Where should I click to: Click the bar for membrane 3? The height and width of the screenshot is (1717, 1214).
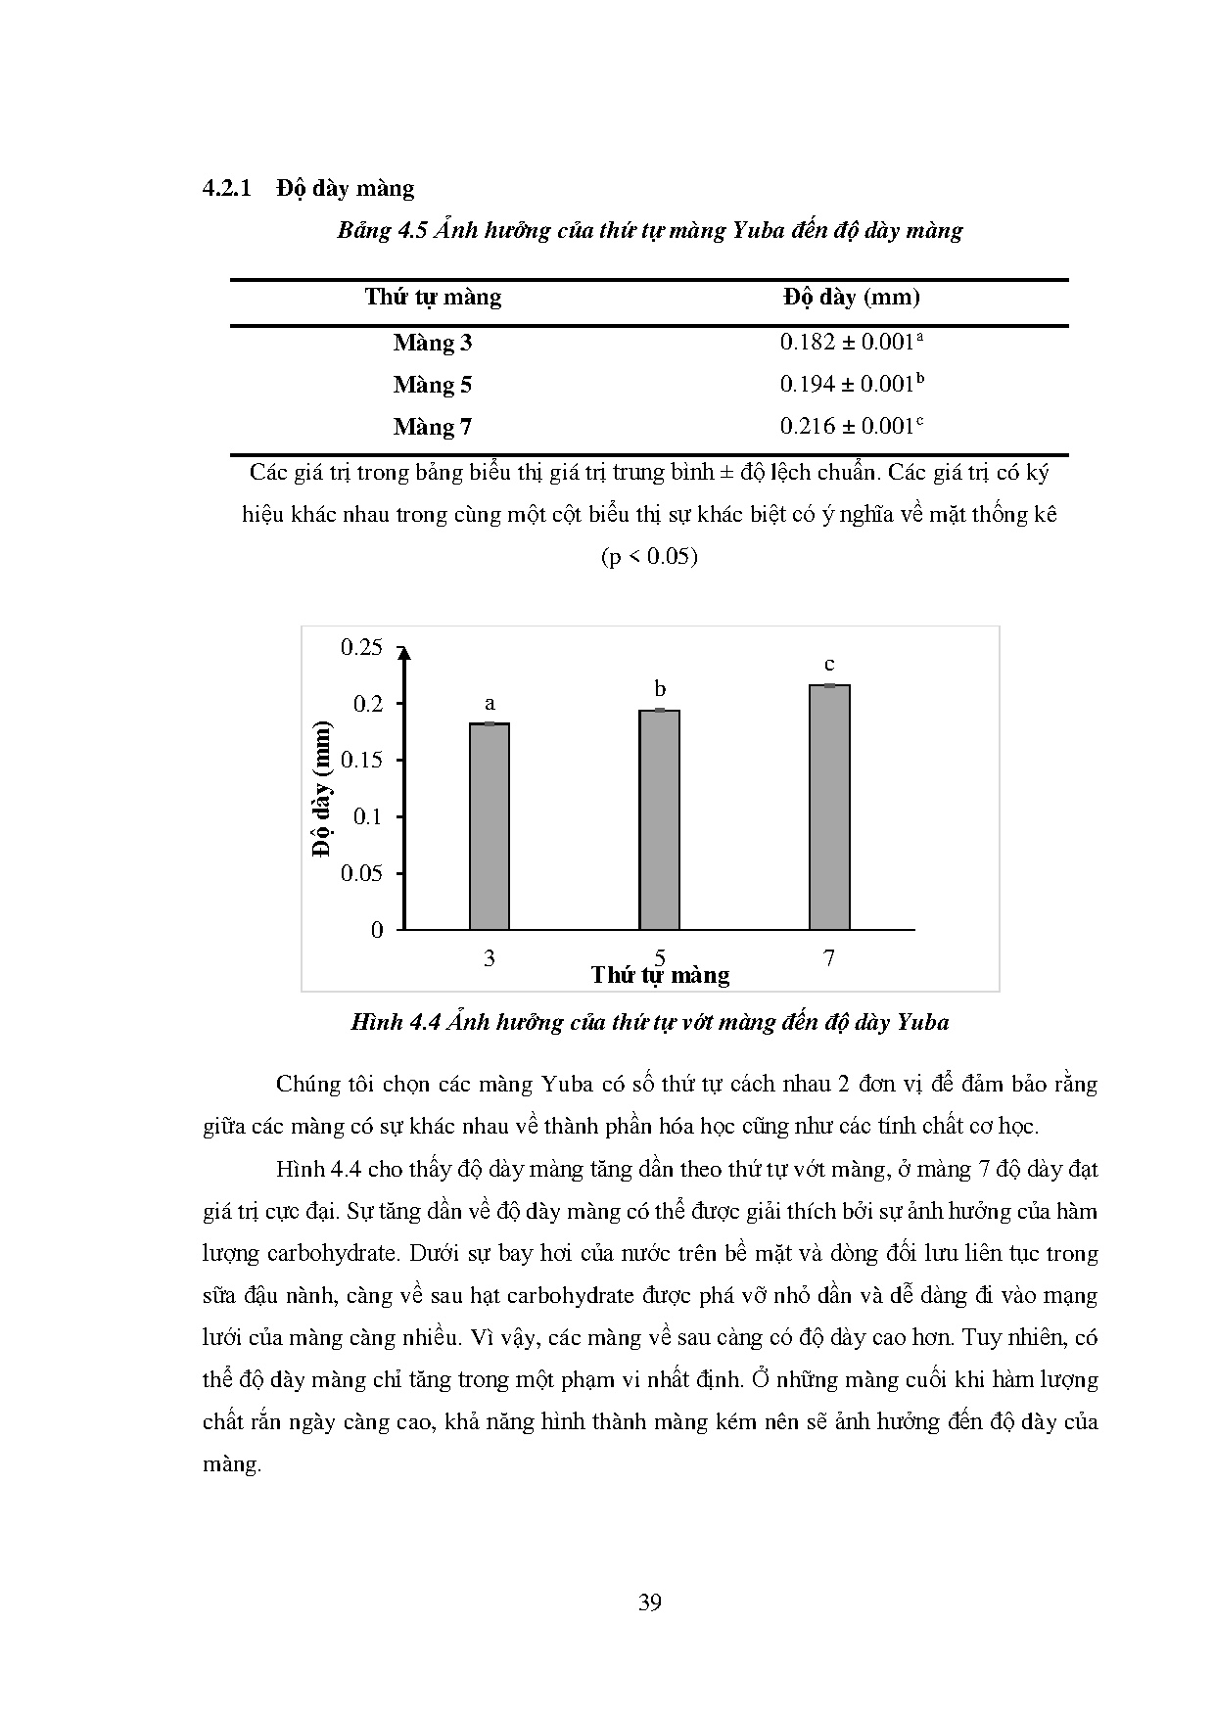(x=490, y=826)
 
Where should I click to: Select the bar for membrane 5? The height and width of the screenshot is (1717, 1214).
(x=659, y=819)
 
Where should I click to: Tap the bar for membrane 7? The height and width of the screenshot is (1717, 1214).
(x=829, y=807)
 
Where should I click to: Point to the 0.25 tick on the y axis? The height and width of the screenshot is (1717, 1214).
(x=361, y=647)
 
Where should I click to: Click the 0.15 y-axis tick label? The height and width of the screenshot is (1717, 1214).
(x=361, y=761)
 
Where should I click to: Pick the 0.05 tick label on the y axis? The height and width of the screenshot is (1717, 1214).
(x=361, y=873)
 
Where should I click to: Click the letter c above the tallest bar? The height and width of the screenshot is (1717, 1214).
(x=829, y=664)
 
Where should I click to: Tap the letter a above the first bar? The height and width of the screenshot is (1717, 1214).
(x=490, y=703)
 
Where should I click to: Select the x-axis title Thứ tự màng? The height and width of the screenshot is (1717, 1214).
(x=660, y=975)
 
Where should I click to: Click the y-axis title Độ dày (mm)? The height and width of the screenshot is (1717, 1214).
(x=322, y=789)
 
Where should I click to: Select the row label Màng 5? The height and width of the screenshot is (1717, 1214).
(x=433, y=385)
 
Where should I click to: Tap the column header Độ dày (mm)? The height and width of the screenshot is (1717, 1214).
(x=852, y=298)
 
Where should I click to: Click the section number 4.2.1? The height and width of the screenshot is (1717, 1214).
(x=227, y=188)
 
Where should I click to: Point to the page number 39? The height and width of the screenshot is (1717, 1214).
(x=650, y=1602)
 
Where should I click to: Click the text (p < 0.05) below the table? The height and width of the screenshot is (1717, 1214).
(x=649, y=557)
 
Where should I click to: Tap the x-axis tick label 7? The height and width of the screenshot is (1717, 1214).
(x=829, y=958)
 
